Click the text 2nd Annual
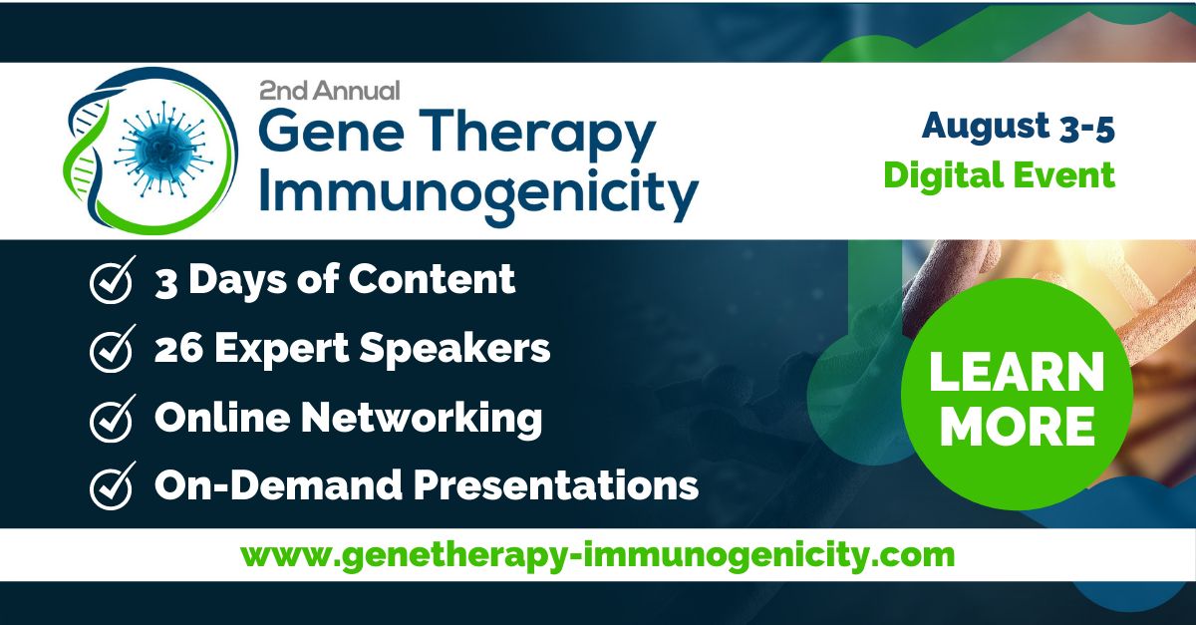point(329,91)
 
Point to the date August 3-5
point(1017,126)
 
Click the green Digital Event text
point(999,175)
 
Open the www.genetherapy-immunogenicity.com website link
point(597,554)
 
